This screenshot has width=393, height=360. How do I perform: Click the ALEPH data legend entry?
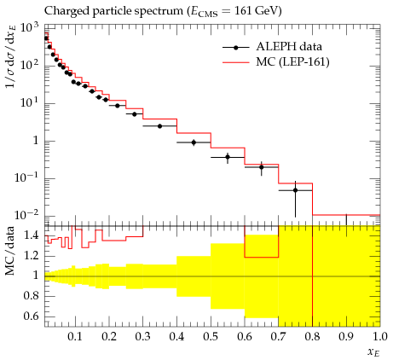pyautogui.click(x=272, y=47)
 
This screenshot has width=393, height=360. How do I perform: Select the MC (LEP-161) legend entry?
pyautogui.click(x=276, y=62)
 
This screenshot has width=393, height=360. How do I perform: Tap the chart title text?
pyautogui.click(x=163, y=11)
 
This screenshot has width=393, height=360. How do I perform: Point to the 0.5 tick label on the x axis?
pyautogui.click(x=211, y=337)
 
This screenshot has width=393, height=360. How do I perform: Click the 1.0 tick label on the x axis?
pyautogui.click(x=380, y=337)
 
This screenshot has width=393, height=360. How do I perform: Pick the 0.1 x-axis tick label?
pyautogui.click(x=75, y=337)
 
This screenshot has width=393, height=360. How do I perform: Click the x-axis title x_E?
pyautogui.click(x=373, y=352)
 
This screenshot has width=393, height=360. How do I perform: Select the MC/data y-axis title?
pyautogui.click(x=10, y=251)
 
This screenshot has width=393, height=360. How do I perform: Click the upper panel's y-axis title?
pyautogui.click(x=11, y=56)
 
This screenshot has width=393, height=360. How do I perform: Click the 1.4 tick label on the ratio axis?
pyautogui.click(x=31, y=235)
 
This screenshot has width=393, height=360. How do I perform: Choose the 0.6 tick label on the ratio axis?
pyautogui.click(x=31, y=316)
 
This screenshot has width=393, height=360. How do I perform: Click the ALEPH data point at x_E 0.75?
pyautogui.click(x=295, y=190)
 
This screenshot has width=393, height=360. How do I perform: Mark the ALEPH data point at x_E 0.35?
pyautogui.click(x=159, y=126)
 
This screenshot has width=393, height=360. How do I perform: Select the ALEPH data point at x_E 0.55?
pyautogui.click(x=228, y=157)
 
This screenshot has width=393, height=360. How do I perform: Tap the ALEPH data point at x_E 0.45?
pyautogui.click(x=194, y=142)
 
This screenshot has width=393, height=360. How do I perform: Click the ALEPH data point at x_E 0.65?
pyautogui.click(x=262, y=167)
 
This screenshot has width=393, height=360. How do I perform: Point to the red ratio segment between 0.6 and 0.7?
pyautogui.click(x=262, y=258)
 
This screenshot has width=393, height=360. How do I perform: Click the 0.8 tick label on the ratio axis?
pyautogui.click(x=31, y=296)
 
